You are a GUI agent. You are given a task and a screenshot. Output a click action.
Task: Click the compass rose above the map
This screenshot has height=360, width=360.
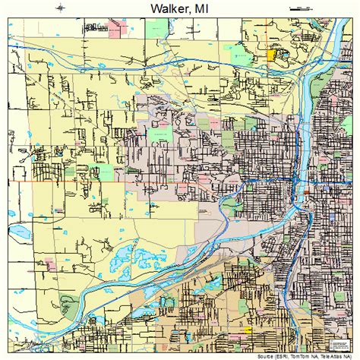click(60, 7)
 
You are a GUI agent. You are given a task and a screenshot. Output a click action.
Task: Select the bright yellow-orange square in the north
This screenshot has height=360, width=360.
click(273, 55)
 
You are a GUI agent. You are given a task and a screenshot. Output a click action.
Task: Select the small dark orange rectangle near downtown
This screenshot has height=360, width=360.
click(306, 194)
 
